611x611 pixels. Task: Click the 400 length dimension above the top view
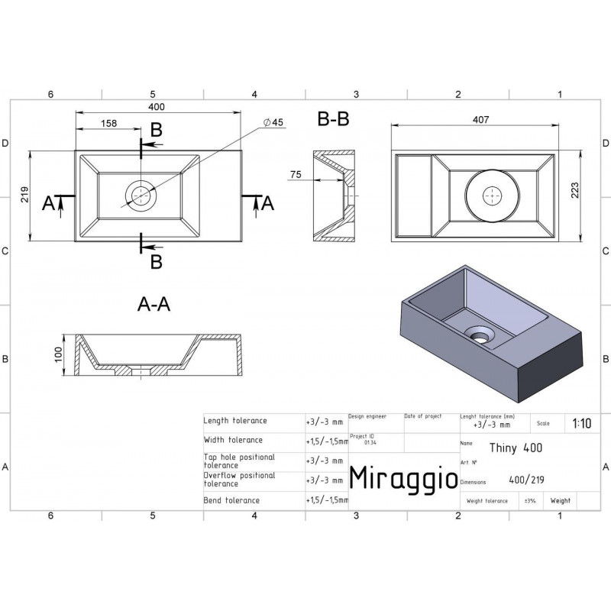coord(157,106)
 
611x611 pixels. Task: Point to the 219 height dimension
coord(24,196)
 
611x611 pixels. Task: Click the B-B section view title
coord(333,119)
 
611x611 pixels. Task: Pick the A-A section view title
coord(153,305)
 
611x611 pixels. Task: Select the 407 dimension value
coord(480,119)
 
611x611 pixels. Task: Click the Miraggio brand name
coord(403,477)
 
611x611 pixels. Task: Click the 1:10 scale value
coord(580,423)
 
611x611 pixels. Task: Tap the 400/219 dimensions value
coord(525,481)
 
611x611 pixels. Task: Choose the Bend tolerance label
coord(231,500)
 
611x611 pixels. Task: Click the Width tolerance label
coord(233,440)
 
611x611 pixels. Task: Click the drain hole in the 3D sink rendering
coord(480,334)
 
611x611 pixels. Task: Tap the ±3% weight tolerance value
coord(529,501)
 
